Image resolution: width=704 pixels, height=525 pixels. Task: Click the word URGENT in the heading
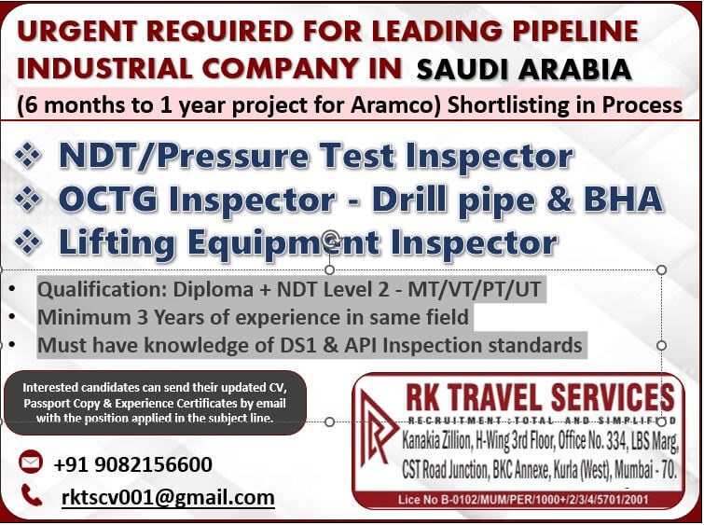(76, 31)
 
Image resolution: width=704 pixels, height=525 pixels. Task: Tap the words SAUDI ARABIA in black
(524, 70)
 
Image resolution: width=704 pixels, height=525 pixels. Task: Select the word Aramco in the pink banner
(396, 105)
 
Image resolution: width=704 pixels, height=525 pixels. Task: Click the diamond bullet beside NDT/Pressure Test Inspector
(28, 156)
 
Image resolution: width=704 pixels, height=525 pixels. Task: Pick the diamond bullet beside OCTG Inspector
(28, 199)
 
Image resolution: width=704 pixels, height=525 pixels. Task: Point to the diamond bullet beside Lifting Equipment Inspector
(28, 242)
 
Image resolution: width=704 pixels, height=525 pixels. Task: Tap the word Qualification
(101, 290)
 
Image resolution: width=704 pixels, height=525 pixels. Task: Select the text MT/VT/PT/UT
(474, 290)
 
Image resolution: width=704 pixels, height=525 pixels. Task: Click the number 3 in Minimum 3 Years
(143, 317)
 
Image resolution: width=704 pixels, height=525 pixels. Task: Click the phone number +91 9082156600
(133, 464)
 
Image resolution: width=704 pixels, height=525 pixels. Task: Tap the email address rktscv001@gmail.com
(168, 497)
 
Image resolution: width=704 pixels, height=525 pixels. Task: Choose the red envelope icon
(31, 462)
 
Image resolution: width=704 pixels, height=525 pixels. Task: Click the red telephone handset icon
(32, 495)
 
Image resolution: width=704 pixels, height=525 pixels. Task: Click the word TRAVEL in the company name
(495, 397)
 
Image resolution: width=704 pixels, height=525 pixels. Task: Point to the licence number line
(523, 500)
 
